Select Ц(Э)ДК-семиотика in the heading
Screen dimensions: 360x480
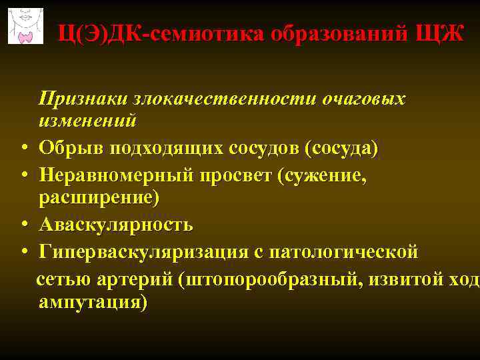click(x=161, y=32)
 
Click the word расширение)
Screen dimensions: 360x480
click(x=99, y=197)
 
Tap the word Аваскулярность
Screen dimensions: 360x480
click(x=115, y=225)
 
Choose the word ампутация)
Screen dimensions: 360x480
click(x=93, y=301)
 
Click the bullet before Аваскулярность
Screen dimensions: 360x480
click(x=23, y=225)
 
